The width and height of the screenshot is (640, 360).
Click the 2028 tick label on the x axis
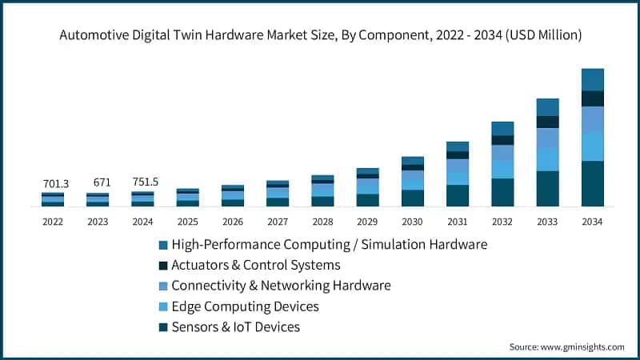[x=322, y=222]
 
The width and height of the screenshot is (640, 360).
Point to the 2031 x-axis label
[x=458, y=222]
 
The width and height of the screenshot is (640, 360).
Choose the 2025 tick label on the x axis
[x=187, y=222]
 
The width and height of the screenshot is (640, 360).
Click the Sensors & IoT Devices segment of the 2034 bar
[x=593, y=184]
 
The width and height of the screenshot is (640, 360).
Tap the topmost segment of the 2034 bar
[x=593, y=79]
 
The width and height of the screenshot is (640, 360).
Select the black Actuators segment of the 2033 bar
[x=548, y=122]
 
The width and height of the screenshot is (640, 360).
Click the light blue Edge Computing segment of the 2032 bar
[x=502, y=169]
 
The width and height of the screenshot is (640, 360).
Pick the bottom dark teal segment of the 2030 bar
[x=413, y=198]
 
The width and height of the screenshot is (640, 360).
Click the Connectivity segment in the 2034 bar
[x=593, y=119]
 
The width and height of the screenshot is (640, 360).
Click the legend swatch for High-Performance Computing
[x=164, y=244]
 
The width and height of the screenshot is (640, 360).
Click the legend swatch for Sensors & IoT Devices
[x=164, y=327]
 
